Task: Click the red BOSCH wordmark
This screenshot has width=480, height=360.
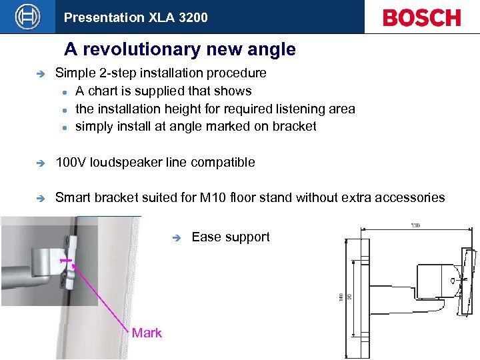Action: tap(421, 17)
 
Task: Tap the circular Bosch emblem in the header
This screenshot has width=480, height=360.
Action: tap(27, 17)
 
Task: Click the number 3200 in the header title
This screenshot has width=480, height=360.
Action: tap(193, 17)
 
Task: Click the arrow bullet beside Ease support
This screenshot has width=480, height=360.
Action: tap(176, 237)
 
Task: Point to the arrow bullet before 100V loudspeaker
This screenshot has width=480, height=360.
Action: tap(39, 163)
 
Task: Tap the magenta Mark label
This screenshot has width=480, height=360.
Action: tap(147, 333)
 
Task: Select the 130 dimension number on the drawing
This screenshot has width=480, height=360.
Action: tap(415, 226)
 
